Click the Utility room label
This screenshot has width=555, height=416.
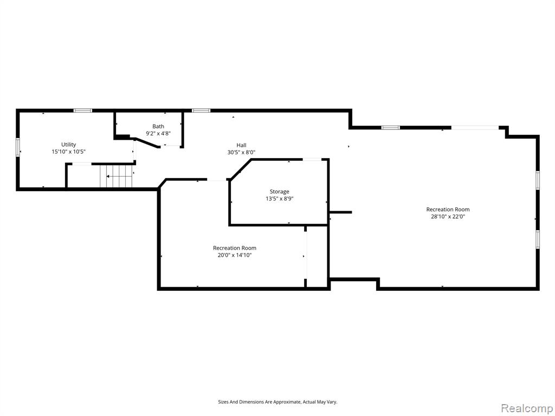[x=69, y=144]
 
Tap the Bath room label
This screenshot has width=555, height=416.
[x=158, y=126]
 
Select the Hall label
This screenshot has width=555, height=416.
[x=241, y=145]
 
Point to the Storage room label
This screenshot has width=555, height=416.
[x=279, y=192]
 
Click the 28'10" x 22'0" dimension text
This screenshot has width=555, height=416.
[x=448, y=217]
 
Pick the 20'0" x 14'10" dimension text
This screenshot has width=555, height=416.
[x=234, y=255]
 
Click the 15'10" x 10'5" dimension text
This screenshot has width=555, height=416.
[x=69, y=152]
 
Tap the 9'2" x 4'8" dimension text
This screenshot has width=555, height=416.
[x=158, y=133]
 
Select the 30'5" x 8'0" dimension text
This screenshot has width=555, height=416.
[x=241, y=152]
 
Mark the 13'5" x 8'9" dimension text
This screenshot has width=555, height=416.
[x=279, y=199]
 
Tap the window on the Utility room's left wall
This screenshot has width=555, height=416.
[x=18, y=147]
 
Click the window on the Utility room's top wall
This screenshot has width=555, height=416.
[x=83, y=110]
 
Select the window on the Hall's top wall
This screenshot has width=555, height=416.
[x=201, y=110]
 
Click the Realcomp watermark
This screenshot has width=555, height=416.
[x=526, y=408]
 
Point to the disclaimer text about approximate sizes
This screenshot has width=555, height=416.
[x=277, y=402]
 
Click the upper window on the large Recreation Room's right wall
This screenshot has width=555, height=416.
[x=537, y=180]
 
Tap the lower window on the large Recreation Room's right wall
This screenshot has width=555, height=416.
[x=537, y=239]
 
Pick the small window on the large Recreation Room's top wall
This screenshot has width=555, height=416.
[x=390, y=128]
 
